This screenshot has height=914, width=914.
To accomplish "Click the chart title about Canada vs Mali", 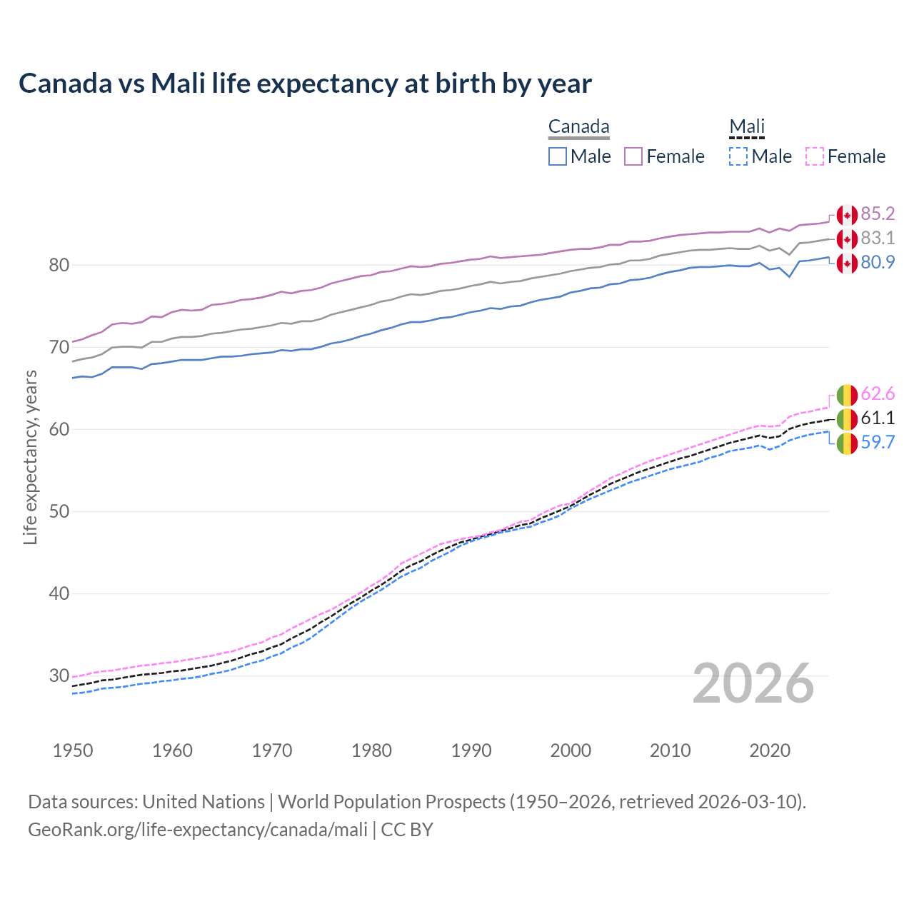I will [x=305, y=84].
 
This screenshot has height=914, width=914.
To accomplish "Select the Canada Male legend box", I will [x=558, y=156].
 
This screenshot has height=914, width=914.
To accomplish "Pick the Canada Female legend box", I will [x=633, y=156].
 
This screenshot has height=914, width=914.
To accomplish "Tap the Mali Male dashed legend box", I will [x=738, y=156].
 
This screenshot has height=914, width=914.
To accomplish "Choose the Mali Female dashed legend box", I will [x=814, y=156].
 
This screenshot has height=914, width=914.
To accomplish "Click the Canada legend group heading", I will [x=578, y=127].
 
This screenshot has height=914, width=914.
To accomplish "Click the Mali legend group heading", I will [x=746, y=127].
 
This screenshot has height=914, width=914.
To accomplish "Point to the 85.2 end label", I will [x=878, y=214].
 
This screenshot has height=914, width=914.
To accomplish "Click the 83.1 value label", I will [x=878, y=238].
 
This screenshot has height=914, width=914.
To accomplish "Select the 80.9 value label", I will [x=878, y=263].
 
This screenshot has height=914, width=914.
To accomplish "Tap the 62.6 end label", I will [x=878, y=394].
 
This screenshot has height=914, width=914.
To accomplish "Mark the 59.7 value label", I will [x=878, y=443].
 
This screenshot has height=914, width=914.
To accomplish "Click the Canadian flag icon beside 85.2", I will [x=847, y=215].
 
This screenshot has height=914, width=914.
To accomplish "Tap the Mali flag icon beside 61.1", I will [x=847, y=419].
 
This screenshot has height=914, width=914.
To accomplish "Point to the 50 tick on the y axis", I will [x=59, y=512].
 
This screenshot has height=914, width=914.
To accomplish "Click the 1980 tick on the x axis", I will [x=371, y=750].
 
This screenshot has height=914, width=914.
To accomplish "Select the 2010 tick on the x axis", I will [x=670, y=750].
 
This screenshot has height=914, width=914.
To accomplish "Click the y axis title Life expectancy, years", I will [x=31, y=457].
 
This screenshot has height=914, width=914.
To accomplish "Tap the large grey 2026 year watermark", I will [x=753, y=683].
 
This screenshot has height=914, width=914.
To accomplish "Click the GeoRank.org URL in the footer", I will [x=198, y=830].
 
